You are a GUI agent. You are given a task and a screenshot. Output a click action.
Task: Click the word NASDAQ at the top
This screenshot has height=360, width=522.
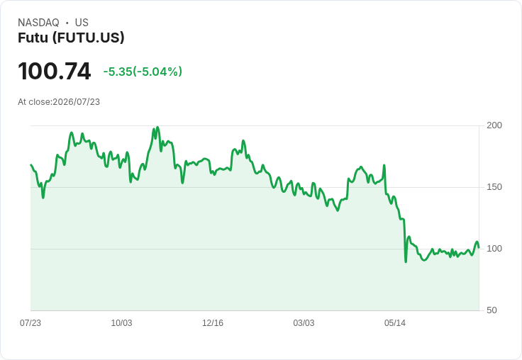click(38, 23)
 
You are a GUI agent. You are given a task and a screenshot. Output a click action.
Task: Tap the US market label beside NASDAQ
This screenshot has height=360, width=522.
click(82, 23)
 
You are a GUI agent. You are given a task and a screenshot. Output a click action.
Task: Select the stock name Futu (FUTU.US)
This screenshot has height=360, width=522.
click(71, 38)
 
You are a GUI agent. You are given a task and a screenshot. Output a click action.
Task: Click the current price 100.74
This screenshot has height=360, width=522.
click(55, 71)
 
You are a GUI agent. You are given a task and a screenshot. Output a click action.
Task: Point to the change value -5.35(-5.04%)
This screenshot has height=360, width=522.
click(143, 72)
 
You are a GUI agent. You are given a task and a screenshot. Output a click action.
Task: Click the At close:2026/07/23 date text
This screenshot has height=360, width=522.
click(59, 102)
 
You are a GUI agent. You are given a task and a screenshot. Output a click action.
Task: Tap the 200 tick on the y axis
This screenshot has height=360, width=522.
click(494, 125)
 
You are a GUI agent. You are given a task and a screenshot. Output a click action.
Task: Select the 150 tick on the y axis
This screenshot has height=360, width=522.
click(494, 187)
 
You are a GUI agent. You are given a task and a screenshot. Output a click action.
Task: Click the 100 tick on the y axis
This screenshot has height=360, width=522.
click(494, 249)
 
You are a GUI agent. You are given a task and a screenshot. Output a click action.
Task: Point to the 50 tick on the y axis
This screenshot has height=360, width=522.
click(492, 310)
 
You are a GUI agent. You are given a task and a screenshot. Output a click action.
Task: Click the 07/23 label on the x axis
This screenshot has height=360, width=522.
click(30, 322)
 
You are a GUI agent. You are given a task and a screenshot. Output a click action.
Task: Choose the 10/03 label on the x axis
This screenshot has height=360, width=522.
click(121, 322)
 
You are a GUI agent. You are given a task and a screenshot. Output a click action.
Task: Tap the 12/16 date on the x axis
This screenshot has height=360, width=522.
click(213, 322)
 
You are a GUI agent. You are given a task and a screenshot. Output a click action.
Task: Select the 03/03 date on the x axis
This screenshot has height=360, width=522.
click(304, 322)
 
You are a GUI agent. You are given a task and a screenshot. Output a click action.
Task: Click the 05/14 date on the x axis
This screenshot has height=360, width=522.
click(395, 322)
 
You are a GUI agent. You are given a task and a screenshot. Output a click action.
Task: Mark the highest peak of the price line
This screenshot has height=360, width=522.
click(157, 127)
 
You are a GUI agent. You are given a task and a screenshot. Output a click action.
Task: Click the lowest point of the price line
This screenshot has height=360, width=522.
click(406, 261)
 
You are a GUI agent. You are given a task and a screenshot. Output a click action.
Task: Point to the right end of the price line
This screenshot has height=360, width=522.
click(479, 247)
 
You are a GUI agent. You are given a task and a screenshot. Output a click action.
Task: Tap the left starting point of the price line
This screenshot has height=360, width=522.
click(31, 164)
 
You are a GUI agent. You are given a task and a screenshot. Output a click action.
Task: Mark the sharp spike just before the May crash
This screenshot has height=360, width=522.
click(384, 165)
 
